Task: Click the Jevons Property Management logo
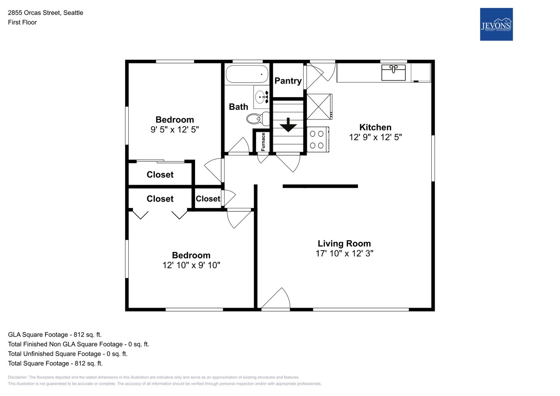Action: click(496, 24)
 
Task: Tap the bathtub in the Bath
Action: click(247, 74)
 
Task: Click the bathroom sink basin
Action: click(260, 97)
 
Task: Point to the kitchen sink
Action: click(394, 73)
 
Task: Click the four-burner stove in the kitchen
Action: click(318, 139)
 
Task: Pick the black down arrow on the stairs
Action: click(288, 125)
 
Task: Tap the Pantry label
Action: click(288, 81)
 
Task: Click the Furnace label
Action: click(263, 142)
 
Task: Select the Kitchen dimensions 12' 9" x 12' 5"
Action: click(375, 137)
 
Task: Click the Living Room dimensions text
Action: click(344, 253)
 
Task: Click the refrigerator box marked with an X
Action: click(319, 107)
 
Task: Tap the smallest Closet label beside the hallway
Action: click(208, 199)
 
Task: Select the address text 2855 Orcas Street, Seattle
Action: click(45, 13)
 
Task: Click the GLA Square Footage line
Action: click(55, 334)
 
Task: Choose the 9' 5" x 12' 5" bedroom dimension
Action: click(175, 129)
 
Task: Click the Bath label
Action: click(238, 107)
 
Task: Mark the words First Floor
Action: click(22, 22)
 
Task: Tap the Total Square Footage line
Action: click(55, 363)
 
